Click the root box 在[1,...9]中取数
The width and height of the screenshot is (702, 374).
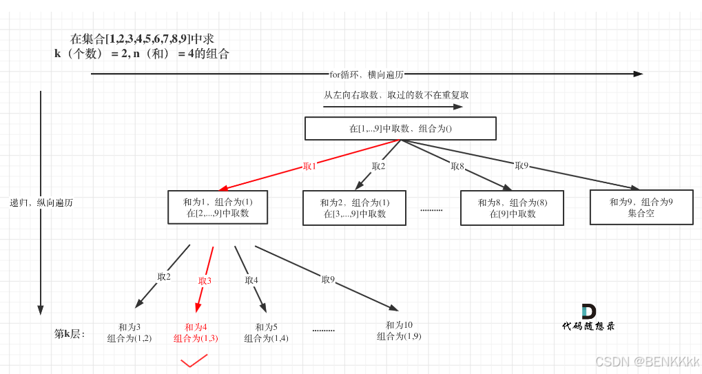(400, 129)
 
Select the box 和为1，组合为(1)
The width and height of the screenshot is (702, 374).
(218, 207)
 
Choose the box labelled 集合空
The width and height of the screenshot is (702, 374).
(641, 207)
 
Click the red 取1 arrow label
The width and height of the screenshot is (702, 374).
(309, 167)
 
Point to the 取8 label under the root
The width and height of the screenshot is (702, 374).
(457, 166)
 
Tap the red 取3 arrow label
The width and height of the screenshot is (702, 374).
(205, 281)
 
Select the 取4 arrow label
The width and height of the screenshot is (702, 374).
(251, 280)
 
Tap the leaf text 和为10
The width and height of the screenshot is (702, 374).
(399, 325)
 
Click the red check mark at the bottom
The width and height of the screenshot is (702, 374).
(194, 361)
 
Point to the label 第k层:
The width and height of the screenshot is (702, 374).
(69, 334)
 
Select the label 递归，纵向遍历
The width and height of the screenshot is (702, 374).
(41, 203)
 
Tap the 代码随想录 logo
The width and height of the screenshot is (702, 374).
(588, 318)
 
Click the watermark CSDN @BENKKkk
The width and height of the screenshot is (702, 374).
(647, 362)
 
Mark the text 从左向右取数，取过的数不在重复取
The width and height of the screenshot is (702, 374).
(396, 95)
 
